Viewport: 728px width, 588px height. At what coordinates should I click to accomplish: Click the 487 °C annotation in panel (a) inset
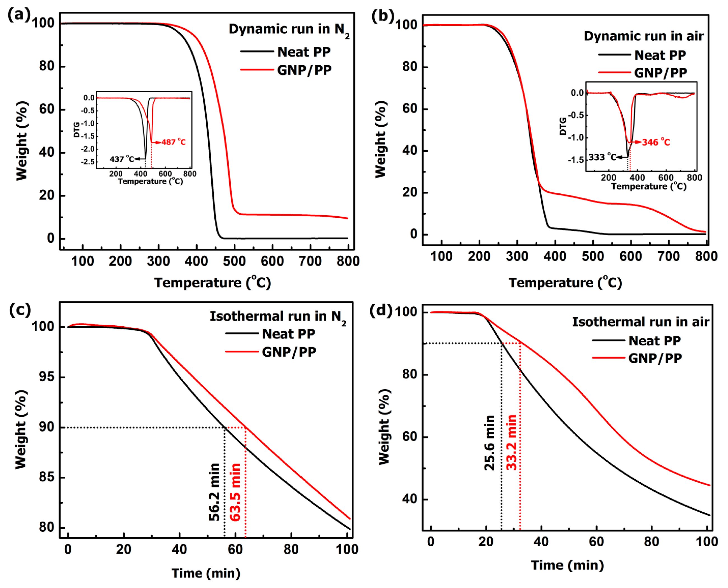[174, 142]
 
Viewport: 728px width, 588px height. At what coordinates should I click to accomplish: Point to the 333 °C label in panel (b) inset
[602, 157]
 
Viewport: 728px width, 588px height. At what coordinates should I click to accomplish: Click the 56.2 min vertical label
[214, 492]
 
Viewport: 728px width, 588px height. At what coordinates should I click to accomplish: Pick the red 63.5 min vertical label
[235, 492]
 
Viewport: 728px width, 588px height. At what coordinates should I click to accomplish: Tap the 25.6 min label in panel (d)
[490, 443]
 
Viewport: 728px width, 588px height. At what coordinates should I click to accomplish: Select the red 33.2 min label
[512, 442]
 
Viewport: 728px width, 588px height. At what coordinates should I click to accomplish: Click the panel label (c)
[20, 310]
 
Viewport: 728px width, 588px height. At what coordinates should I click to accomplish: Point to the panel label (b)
[383, 16]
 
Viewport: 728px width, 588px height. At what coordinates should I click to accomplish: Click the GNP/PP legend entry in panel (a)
[304, 70]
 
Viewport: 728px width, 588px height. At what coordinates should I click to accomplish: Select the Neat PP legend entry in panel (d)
[654, 341]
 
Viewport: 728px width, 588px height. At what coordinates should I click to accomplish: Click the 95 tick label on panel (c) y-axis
[47, 377]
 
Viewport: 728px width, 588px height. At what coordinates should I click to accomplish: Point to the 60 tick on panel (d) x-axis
[596, 542]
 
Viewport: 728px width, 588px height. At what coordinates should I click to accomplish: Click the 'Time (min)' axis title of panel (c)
[206, 573]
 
